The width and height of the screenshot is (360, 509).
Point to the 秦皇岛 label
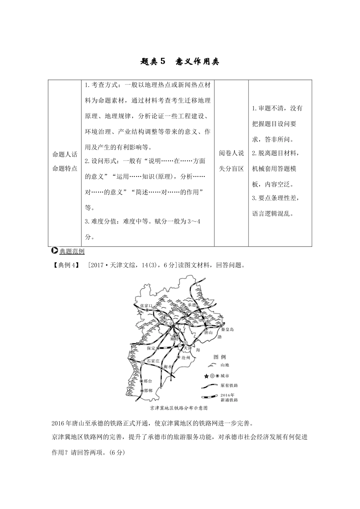[227, 329]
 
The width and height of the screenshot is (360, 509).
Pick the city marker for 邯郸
[142, 390]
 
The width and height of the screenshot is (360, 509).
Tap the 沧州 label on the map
[186, 357]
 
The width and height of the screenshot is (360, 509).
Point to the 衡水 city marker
[161, 368]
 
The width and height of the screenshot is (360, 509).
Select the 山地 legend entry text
[225, 365]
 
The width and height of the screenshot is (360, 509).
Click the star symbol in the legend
[206, 376]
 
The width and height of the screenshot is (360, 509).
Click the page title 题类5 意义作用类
[180, 62]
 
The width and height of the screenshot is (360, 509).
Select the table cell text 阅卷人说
[231, 153]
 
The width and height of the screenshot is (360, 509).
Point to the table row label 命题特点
[65, 169]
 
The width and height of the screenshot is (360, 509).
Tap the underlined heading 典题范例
[72, 251]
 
